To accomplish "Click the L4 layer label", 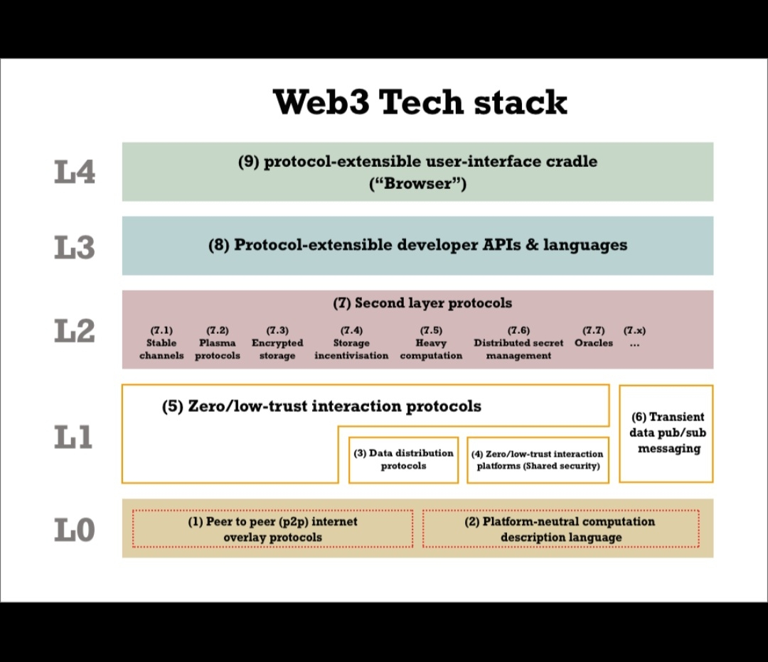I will tap(75, 173).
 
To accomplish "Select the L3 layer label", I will tap(75, 247).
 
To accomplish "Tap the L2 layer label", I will tap(75, 331).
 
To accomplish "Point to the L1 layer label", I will tap(74, 438).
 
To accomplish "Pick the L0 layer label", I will tap(75, 530).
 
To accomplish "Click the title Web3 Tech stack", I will tap(420, 102).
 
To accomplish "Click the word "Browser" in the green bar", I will tap(418, 184).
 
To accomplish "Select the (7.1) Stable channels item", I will tap(161, 342).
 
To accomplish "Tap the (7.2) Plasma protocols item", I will tap(218, 342).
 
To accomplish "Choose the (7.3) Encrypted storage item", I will tap(277, 342).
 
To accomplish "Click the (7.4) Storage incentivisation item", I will tap(351, 342).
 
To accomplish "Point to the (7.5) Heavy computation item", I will tap(431, 342).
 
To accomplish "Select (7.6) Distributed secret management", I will tap(518, 342).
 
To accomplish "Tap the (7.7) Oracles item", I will tap(594, 337).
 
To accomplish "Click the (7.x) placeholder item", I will tap(634, 337).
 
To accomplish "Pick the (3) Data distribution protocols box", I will tap(403, 460).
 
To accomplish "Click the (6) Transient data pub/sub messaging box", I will tap(666, 433).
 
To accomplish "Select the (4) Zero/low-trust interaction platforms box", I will tap(538, 460).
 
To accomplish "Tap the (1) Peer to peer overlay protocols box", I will tap(272, 529).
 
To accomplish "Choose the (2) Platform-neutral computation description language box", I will tap(560, 529).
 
